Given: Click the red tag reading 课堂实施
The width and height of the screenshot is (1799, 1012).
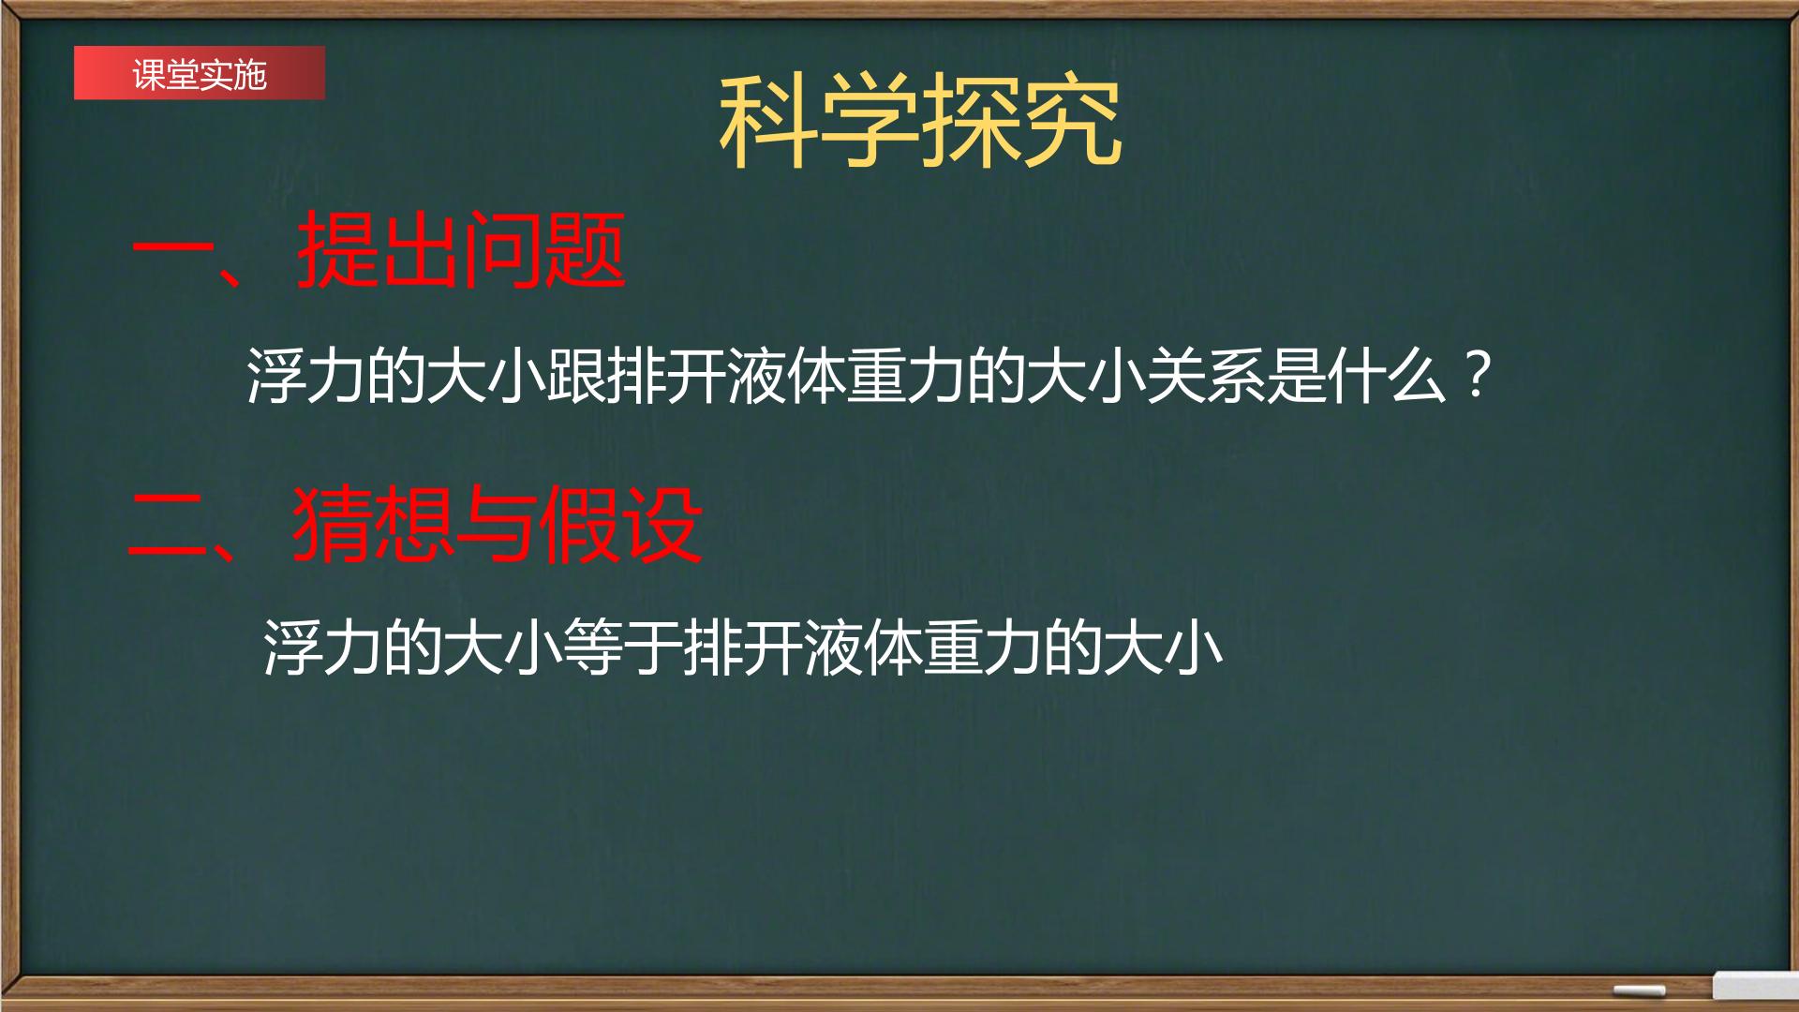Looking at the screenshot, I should pyautogui.click(x=200, y=73).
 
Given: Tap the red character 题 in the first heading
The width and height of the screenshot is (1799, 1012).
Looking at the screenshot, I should pyautogui.click(x=585, y=251).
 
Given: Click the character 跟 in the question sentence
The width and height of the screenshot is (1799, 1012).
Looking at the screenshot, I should pyautogui.click(x=577, y=377).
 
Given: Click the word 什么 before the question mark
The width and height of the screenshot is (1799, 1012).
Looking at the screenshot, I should pyautogui.click(x=1387, y=377).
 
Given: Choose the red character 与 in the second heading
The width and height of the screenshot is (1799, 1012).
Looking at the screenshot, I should pyautogui.click(x=498, y=525).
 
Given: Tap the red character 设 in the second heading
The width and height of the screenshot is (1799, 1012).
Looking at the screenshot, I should pyautogui.click(x=662, y=525).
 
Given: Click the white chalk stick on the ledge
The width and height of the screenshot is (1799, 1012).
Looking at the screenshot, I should pyautogui.click(x=1639, y=990).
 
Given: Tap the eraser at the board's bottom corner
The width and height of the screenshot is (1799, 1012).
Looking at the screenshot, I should pyautogui.click(x=1754, y=986).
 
